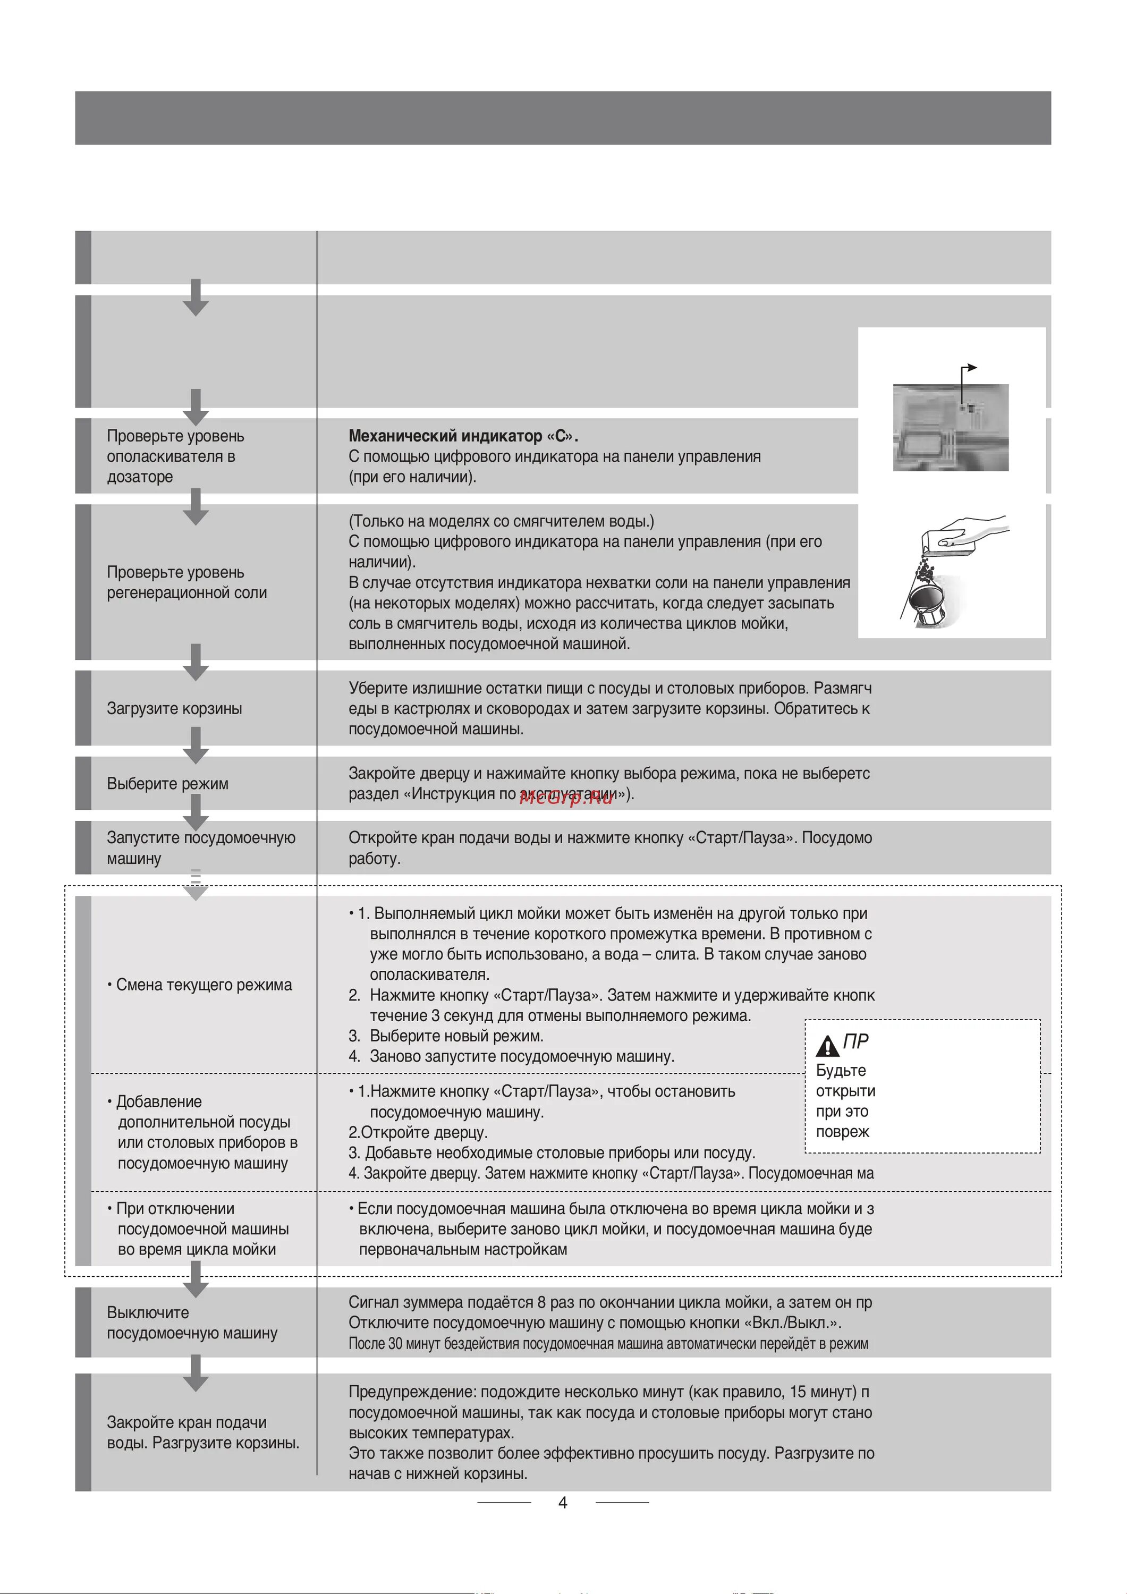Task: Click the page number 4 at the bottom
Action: tap(563, 1503)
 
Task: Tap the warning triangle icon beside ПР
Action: tap(827, 1045)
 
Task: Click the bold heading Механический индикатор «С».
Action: tap(463, 436)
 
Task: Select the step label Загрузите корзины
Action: tap(174, 709)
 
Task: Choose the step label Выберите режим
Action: tap(167, 784)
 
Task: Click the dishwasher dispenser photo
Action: tap(950, 428)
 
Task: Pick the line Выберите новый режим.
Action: tap(456, 1036)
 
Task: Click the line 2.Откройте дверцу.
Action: tap(418, 1132)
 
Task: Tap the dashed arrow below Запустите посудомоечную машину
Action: tap(196, 885)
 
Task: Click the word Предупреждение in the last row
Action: tap(412, 1392)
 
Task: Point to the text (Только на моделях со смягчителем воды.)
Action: tap(502, 521)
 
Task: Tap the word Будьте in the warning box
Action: tap(841, 1071)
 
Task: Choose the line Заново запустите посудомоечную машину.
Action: tap(521, 1057)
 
